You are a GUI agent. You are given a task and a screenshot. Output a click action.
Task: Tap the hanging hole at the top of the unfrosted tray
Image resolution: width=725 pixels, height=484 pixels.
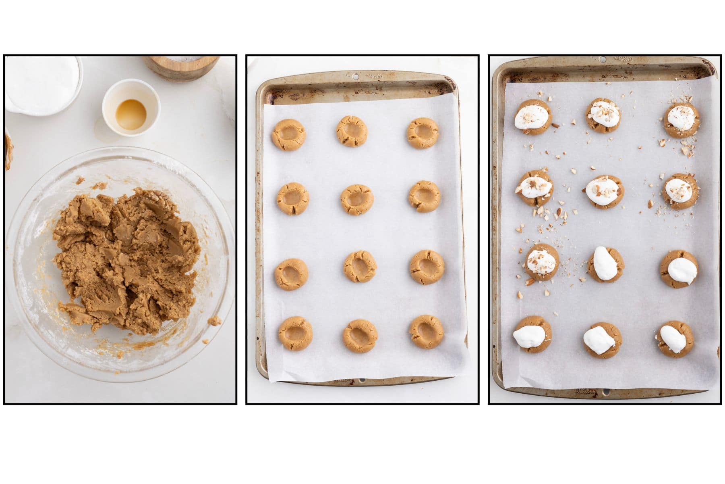point(356,75)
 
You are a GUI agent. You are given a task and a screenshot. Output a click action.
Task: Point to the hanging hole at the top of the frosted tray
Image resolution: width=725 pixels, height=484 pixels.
point(602,60)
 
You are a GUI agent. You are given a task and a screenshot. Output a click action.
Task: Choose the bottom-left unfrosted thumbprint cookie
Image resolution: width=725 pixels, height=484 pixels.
point(295,333)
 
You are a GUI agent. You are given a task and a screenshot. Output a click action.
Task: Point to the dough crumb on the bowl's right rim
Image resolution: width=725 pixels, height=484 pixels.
point(215,321)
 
